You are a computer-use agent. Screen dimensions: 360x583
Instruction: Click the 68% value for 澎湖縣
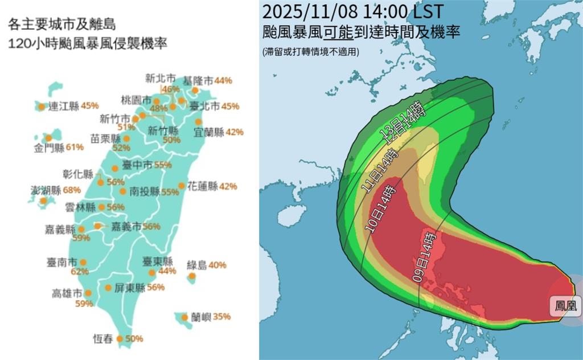pyautogui.click(x=72, y=190)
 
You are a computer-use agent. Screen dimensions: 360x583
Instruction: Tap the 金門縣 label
pyautogui.click(x=49, y=147)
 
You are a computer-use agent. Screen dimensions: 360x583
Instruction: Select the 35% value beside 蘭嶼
pyautogui.click(x=223, y=317)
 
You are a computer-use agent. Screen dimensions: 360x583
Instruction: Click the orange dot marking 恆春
pyautogui.click(x=120, y=339)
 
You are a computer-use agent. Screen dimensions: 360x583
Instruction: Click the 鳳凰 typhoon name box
pyautogui.click(x=565, y=306)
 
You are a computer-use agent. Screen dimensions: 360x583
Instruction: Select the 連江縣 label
pyautogui.click(x=63, y=105)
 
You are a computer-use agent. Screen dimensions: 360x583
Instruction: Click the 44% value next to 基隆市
pyautogui.click(x=224, y=81)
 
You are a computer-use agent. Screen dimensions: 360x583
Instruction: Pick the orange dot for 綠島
pyautogui.click(x=192, y=276)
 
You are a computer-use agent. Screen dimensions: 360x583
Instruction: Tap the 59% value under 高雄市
pyautogui.click(x=84, y=304)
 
